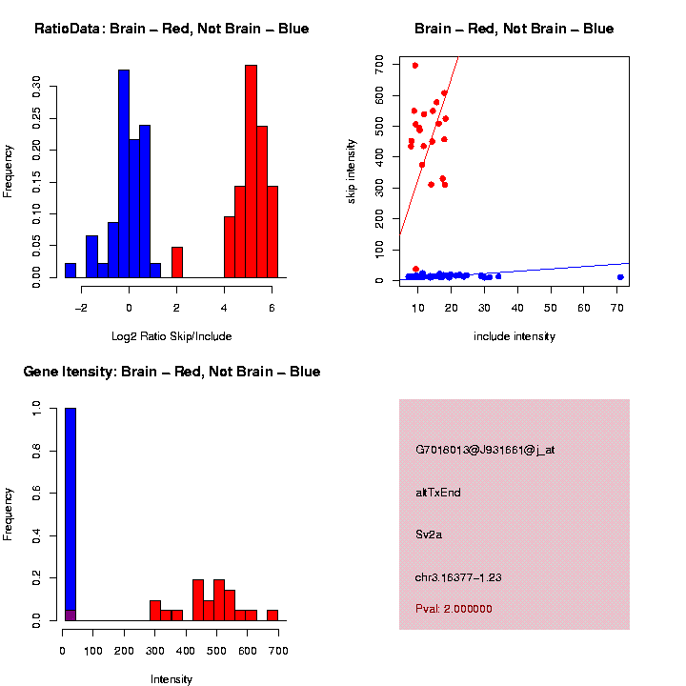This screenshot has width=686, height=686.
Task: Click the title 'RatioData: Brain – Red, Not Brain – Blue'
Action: click(171, 29)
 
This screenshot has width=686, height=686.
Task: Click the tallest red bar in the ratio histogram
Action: click(251, 171)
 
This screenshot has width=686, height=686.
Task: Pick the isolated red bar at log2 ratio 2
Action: click(177, 262)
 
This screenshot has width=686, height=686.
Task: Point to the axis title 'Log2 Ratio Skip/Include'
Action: click(171, 335)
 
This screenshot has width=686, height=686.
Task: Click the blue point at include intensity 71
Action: click(620, 277)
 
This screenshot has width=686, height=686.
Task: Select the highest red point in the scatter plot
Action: click(415, 66)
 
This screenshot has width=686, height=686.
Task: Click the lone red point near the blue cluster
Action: click(416, 269)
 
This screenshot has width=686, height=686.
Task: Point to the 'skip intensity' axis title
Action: click(353, 171)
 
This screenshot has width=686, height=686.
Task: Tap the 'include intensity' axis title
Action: click(514, 335)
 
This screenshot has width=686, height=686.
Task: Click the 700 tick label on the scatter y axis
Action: click(379, 63)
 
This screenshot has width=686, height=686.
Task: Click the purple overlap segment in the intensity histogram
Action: click(71, 615)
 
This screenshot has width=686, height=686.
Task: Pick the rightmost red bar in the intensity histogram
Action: click(272, 615)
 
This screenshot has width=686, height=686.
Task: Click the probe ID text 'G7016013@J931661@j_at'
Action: click(485, 450)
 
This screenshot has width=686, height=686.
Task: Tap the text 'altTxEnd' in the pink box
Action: click(438, 493)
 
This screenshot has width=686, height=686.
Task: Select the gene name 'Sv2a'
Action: click(429, 535)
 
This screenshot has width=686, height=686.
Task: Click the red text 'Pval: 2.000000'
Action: click(454, 608)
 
